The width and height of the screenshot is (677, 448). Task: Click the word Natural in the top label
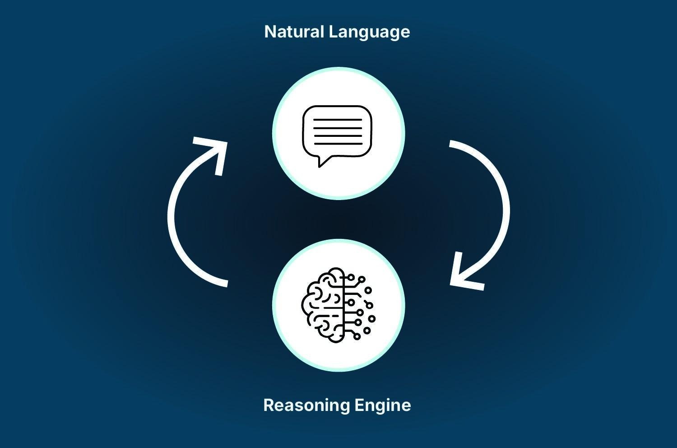[x=294, y=32]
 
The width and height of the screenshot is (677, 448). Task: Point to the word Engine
[x=383, y=406]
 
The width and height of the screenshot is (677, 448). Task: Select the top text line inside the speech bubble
[x=338, y=120]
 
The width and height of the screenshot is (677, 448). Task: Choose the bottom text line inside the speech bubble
[x=338, y=144]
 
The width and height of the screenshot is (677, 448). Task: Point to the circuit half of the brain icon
[x=359, y=305]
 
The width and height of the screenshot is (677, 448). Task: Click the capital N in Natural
[x=269, y=32]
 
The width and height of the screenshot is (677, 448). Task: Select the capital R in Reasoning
[x=268, y=405]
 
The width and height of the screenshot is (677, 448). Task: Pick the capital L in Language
[x=332, y=32]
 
